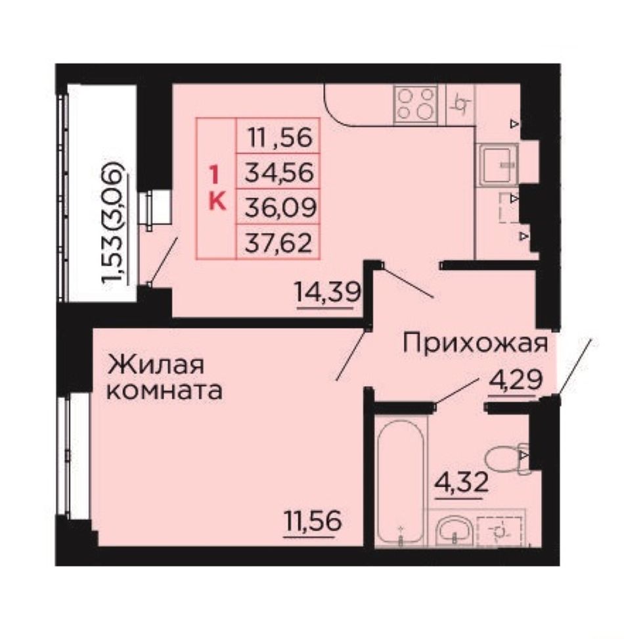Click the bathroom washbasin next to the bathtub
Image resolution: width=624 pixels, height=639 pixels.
[454, 530]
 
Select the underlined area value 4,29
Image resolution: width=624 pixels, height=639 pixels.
[516, 380]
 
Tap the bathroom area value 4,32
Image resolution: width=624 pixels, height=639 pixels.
[461, 483]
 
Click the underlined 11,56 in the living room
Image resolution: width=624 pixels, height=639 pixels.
[313, 521]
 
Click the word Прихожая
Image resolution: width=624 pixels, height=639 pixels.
[475, 344]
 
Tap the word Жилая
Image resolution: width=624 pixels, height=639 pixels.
[155, 364]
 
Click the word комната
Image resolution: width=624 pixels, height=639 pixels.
[164, 390]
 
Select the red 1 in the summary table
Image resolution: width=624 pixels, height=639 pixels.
[213, 176]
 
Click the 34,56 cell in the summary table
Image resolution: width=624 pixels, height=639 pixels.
[279, 172]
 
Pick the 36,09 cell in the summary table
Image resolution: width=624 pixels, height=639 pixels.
[280, 208]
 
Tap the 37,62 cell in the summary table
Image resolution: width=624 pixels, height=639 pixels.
[279, 243]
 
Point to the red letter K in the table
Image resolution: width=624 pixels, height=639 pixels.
[217, 201]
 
